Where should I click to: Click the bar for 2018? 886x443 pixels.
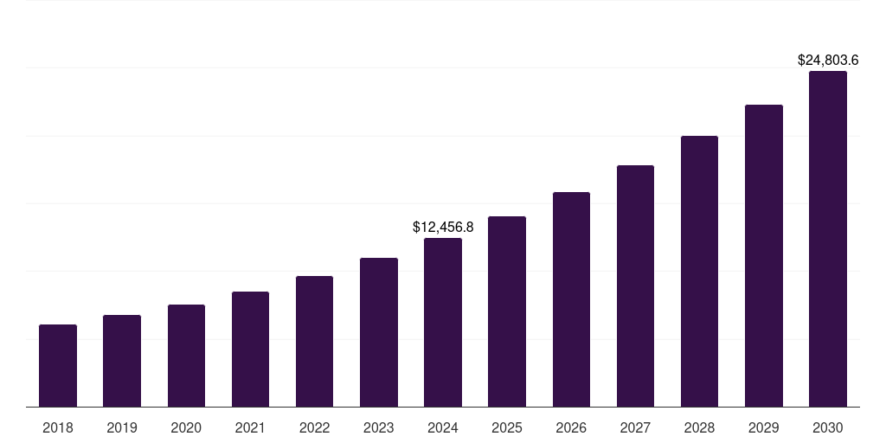(x=58, y=365)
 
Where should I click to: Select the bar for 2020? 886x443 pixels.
(x=186, y=356)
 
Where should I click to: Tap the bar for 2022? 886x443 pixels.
(x=314, y=341)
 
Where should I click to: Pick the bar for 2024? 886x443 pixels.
(x=443, y=322)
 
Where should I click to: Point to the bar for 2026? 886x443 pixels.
(x=571, y=299)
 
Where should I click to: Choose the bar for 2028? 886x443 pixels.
(x=699, y=271)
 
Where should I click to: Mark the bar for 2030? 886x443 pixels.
(x=828, y=239)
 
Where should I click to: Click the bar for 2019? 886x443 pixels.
(x=122, y=361)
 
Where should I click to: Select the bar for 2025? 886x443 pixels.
(x=507, y=311)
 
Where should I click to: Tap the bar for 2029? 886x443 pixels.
(x=764, y=255)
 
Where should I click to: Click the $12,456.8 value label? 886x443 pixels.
(x=443, y=228)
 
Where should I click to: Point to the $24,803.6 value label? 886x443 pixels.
(x=828, y=61)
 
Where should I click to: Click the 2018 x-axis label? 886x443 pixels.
(x=58, y=427)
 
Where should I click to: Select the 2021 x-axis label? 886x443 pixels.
(x=250, y=427)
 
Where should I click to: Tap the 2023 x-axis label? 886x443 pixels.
(x=379, y=427)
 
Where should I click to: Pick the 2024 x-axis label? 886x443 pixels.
(x=443, y=427)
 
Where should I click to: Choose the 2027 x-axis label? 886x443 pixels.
(x=635, y=427)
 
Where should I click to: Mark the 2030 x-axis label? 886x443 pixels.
(x=828, y=427)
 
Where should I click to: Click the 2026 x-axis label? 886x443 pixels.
(x=571, y=427)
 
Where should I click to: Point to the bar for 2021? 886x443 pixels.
(x=250, y=349)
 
